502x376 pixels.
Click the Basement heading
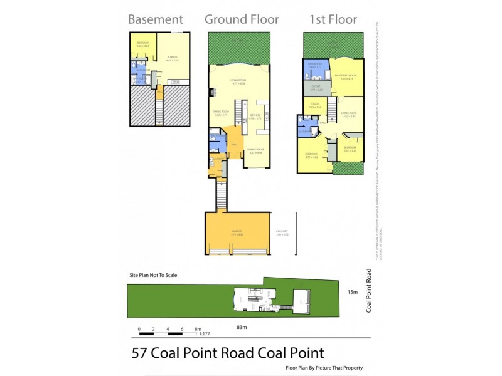(156, 19)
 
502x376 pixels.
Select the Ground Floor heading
(242, 19)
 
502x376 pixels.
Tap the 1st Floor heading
(333, 19)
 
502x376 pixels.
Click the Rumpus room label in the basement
(173, 58)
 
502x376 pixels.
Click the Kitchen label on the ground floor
(255, 117)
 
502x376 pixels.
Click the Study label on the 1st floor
(315, 105)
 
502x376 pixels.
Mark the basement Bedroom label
(142, 44)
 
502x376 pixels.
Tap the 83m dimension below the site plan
(241, 327)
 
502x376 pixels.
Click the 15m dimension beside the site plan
(353, 292)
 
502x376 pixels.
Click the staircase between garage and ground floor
(220, 194)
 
